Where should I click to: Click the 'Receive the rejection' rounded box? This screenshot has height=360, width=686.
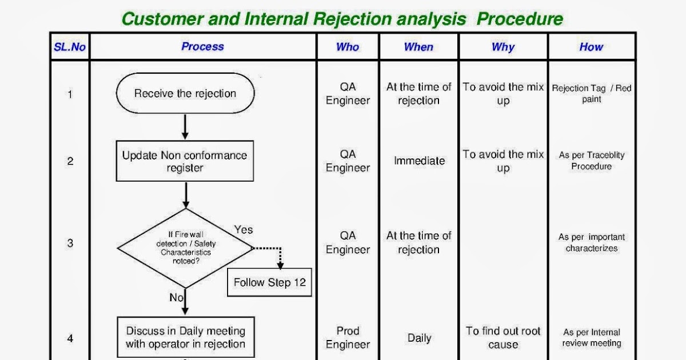185,94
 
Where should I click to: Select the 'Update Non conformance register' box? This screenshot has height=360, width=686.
185,162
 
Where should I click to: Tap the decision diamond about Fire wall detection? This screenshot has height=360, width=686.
185,248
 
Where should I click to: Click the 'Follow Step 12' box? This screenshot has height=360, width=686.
269,282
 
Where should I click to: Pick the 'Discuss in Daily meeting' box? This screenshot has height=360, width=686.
185,338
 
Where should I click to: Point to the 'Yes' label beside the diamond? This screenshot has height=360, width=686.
244,230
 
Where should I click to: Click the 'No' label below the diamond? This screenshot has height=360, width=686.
176,298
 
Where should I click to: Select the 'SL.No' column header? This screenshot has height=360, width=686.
70,47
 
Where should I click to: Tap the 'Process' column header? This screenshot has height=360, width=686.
202,47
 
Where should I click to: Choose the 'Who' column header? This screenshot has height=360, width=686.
348,47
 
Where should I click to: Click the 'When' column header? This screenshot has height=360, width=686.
418,47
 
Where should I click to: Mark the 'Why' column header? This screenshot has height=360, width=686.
503,47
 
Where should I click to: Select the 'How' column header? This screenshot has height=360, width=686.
591,47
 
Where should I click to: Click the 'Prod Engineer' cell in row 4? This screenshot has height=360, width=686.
348,338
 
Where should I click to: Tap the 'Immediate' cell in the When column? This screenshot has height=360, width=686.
419,161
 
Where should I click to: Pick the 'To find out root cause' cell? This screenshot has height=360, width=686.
503,338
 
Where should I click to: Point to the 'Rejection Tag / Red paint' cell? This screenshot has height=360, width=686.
592,94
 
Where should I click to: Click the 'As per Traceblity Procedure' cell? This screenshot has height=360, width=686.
592,161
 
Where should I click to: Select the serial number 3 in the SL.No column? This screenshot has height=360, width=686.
70,243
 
